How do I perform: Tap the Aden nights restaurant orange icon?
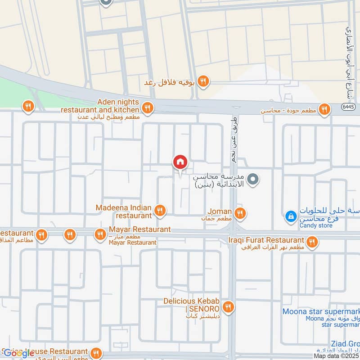[x=147, y=108]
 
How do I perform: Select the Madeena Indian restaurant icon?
[x=159, y=210]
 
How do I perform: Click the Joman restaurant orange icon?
[x=240, y=213]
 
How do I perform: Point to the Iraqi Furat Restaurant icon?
[x=311, y=243]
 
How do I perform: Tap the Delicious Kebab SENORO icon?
[x=229, y=307]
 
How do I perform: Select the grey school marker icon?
[x=254, y=180]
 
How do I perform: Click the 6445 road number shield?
[x=335, y=107]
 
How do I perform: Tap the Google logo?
[x=19, y=353]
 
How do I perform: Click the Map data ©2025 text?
[x=337, y=356]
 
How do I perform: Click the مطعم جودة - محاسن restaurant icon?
[x=324, y=109]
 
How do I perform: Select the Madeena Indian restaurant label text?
[x=124, y=211]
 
